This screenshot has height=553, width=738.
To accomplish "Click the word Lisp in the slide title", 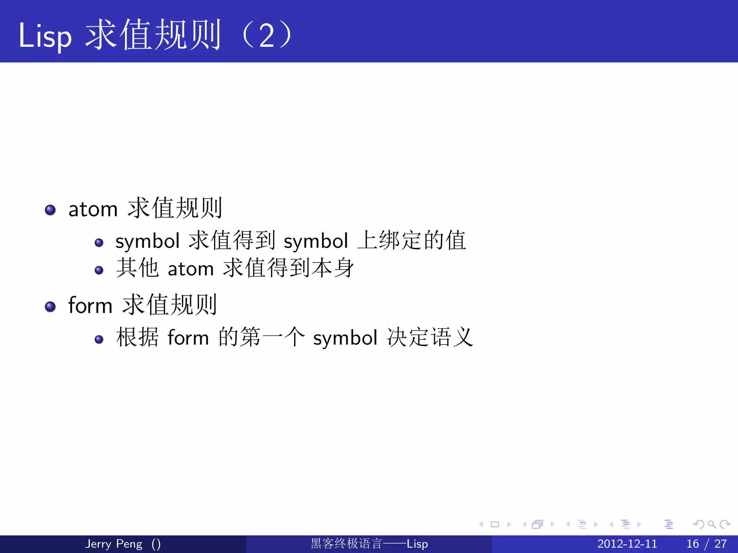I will click(45, 36).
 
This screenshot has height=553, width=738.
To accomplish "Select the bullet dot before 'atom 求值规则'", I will click(50, 210).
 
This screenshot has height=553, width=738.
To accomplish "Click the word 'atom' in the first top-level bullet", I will click(93, 209).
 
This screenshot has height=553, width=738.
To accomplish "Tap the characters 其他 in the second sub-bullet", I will click(137, 268).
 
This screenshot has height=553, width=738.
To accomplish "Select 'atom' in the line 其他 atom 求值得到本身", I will click(191, 269).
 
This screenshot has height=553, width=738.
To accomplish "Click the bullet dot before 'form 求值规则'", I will click(50, 306).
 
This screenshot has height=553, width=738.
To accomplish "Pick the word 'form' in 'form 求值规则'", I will click(90, 306).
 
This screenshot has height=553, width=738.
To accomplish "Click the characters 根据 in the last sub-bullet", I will click(137, 338).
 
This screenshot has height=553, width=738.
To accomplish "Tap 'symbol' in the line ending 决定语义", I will click(345, 338).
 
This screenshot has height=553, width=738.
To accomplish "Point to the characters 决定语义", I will click(430, 338).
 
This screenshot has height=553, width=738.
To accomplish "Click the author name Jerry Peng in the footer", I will click(114, 544).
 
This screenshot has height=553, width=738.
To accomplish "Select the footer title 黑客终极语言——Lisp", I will click(369, 544).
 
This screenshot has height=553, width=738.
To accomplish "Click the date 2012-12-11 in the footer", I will click(627, 544).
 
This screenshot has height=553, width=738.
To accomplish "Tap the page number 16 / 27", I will click(706, 544).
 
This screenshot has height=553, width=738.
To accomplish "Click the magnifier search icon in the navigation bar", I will click(712, 524).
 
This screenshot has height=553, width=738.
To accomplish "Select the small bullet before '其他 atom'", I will click(99, 270).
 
